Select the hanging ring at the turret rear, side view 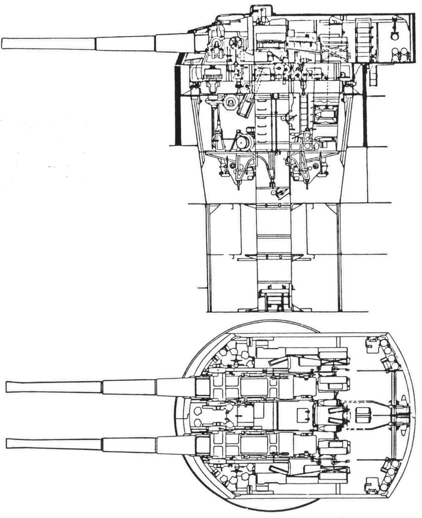click(x=395, y=36)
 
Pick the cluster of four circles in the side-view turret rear click(x=400, y=54)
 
